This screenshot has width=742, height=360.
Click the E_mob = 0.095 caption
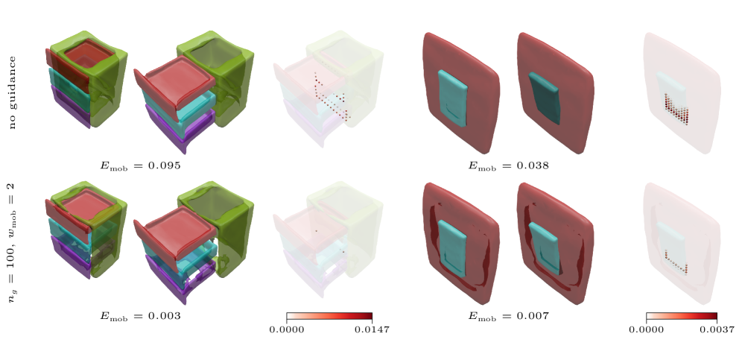pyautogui.click(x=140, y=165)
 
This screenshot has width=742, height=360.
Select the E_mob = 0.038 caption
pyautogui.click(x=509, y=165)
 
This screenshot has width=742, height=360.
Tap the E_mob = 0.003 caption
pyautogui.click(x=140, y=316)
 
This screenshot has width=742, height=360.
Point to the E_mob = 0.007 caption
pyautogui.click(x=509, y=316)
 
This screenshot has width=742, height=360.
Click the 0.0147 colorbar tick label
pyautogui.click(x=372, y=329)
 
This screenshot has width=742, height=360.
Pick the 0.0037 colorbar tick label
pyautogui.click(x=717, y=329)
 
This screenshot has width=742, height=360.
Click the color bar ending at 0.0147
pyautogui.click(x=329, y=318)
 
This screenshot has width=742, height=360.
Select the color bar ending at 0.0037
pyautogui.click(x=682, y=318)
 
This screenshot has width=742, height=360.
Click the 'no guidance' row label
pyautogui.click(x=13, y=92)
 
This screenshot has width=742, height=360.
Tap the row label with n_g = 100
pyautogui.click(x=13, y=242)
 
